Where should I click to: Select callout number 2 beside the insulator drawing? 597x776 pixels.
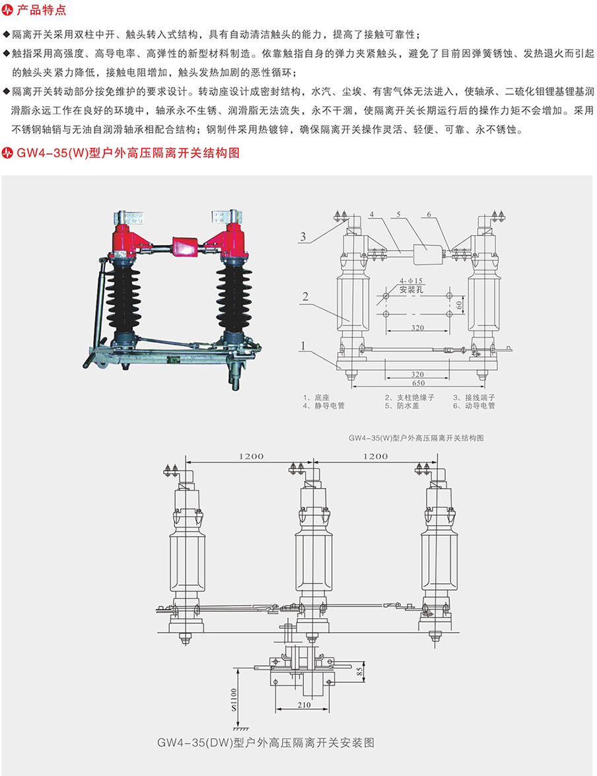click(306, 297)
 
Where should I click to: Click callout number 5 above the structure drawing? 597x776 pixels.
click(400, 215)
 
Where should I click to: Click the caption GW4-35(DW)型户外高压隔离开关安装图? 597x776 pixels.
click(265, 742)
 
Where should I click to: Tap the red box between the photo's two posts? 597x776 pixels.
click(185, 246)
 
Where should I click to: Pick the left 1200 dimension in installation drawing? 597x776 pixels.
click(248, 456)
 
